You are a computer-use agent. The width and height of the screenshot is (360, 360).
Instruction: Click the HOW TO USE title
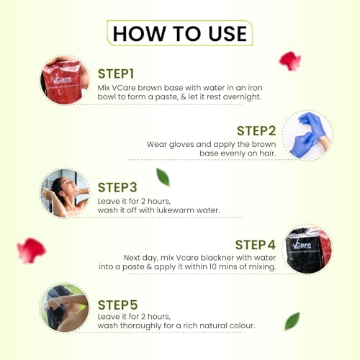coord(180,33)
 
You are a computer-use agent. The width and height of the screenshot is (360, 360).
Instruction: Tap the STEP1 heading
coord(116,73)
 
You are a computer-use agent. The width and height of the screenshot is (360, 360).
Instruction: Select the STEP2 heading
coord(256,131)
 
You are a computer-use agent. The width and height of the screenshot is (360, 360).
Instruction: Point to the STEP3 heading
coord(117,187)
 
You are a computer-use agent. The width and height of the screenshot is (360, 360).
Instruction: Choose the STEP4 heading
coord(256,245)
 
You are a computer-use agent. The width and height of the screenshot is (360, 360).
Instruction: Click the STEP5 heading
coord(117,305)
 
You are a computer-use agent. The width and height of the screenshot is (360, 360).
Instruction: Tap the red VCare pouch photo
coord(65,80)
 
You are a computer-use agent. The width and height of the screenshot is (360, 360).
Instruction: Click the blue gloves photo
coord(307,135)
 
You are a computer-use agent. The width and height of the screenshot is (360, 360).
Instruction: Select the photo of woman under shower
coord(65,193)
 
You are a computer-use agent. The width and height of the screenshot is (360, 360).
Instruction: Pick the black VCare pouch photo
coord(307,249)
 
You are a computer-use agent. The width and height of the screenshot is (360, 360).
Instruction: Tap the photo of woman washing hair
coord(65,307)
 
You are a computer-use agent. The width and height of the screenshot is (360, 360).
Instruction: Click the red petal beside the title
coord(290,61)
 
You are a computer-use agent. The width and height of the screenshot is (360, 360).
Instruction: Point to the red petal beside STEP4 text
coord(31,251)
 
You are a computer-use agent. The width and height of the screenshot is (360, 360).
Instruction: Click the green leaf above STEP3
coord(163,177)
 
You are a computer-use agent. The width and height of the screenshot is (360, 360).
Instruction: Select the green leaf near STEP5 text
coord(292,321)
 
